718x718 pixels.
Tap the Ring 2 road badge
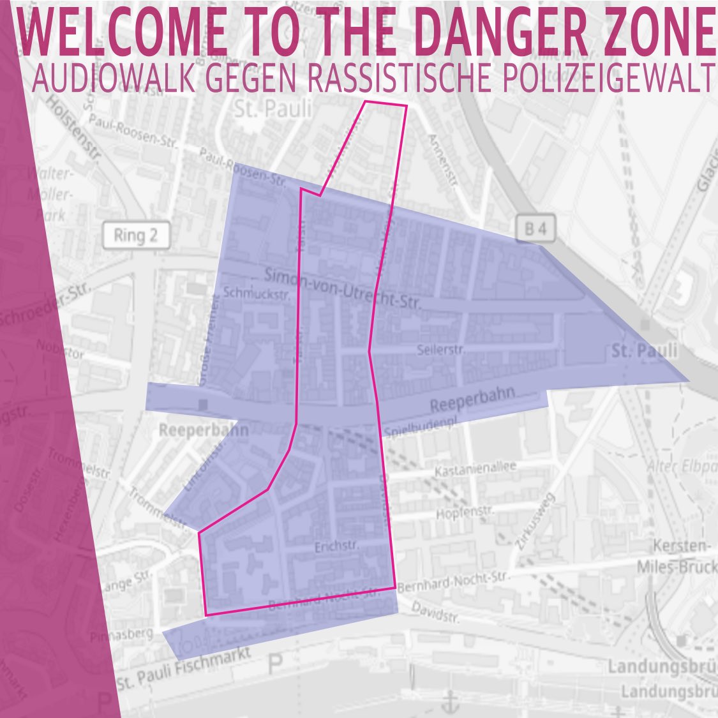pyautogui.click(x=135, y=236)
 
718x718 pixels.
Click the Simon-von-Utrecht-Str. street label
pyautogui.click(x=343, y=288)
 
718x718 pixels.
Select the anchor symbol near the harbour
pyautogui.click(x=451, y=702)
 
